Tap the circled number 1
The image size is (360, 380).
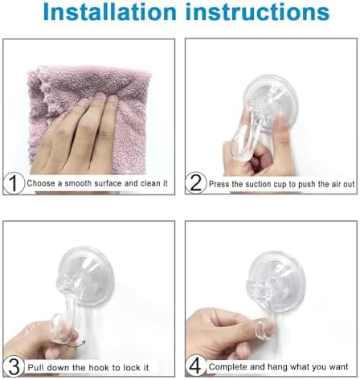coord(11,183)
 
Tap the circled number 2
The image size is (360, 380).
coord(196,183)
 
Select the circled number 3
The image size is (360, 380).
coord(11,366)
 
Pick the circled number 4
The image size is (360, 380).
coord(196,366)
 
